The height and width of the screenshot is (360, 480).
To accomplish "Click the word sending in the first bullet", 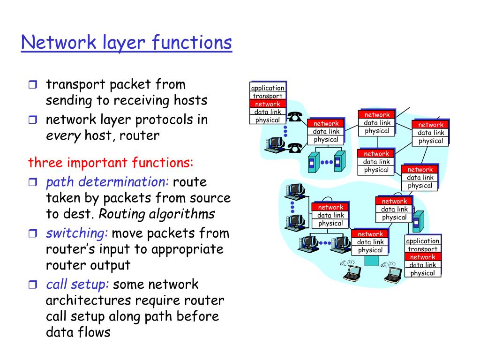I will tap(67, 101).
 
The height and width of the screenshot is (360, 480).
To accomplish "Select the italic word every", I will tap(63, 136).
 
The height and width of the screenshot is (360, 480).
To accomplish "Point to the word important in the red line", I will tap(97, 163).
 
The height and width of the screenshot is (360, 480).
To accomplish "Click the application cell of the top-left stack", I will tap(268, 88).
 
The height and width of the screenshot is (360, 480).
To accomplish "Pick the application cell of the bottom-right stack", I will tap(423, 241).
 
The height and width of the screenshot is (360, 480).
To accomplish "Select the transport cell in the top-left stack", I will tap(268, 96).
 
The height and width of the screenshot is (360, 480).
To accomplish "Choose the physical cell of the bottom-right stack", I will tap(423, 273).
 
